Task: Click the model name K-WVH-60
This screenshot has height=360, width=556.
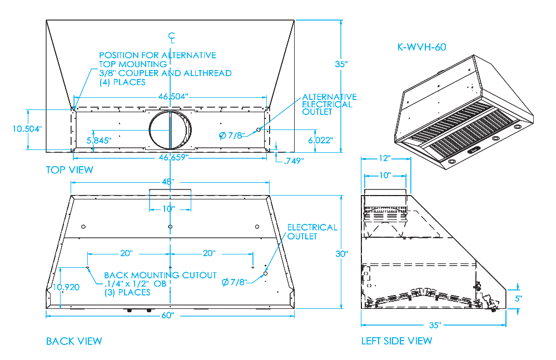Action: [421, 47]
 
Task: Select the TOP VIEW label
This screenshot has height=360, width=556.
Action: [69, 169]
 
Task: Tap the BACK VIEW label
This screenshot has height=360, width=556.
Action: [74, 341]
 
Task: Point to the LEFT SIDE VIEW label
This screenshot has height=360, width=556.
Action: [396, 341]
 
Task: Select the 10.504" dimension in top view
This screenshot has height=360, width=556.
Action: [27, 129]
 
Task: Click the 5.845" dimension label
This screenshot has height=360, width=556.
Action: [99, 140]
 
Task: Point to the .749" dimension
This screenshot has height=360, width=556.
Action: [293, 161]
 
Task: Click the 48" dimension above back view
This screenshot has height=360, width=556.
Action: [169, 182]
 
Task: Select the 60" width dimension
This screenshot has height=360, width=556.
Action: [168, 316]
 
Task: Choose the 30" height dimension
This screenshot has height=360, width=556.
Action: [341, 254]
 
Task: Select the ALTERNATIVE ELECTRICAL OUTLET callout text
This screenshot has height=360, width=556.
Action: [329, 104]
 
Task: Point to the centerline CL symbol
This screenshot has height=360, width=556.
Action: [172, 38]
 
